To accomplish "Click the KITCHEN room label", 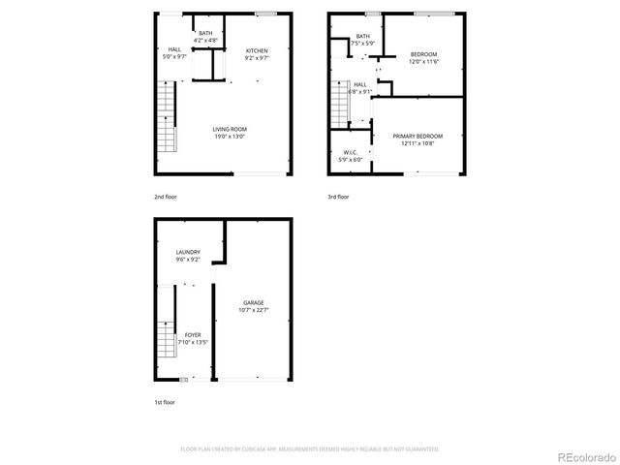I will pos(257,51).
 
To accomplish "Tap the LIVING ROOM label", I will pos(230,129).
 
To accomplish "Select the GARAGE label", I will pos(253,303).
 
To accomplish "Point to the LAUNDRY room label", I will pos(188,253).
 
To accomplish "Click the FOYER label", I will pos(193,335).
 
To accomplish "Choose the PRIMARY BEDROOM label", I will pos(418,136).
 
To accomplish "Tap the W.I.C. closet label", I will pos(351,153).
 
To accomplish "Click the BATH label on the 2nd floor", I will pos(205,34).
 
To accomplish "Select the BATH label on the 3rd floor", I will pos(362,36).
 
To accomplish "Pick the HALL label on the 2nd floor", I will pos(174,49).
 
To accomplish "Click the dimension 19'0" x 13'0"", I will pos(230,137).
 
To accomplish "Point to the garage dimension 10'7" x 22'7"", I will pos(253,311).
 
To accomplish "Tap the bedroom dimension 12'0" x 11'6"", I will pos(424,62).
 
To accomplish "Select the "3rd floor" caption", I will pos(338,197).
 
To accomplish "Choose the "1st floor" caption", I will pos(165,401).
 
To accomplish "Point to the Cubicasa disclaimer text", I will pos(310,449).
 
